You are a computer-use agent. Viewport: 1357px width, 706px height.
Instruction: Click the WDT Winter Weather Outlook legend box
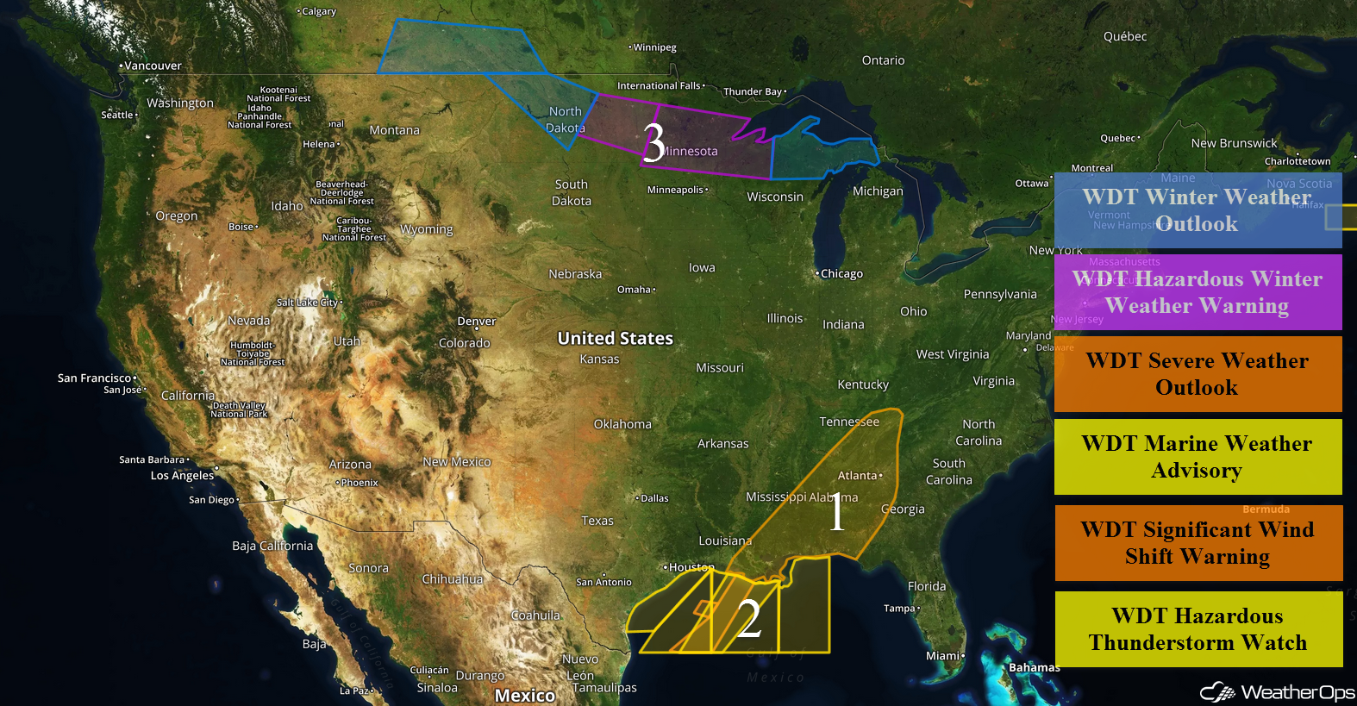1198,210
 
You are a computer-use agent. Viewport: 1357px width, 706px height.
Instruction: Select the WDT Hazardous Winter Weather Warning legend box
1198,292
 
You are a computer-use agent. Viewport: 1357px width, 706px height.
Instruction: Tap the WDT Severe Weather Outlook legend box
1198,374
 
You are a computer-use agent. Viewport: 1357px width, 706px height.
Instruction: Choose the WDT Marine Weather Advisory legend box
1198,457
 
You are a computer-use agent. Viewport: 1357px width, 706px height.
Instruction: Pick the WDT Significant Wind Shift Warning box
1198,543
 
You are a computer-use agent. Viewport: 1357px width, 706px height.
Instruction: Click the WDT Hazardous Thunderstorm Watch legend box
1198,629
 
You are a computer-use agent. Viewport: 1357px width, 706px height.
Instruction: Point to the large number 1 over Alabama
836,513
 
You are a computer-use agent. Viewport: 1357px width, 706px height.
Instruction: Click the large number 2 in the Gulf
749,618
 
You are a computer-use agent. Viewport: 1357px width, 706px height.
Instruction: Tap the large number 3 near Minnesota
653,142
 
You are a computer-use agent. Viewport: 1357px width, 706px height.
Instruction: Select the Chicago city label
841,274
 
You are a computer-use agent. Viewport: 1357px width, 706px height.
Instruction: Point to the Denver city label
477,322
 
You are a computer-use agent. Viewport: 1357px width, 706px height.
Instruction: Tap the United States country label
615,339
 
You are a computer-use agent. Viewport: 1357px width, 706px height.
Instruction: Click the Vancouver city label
153,66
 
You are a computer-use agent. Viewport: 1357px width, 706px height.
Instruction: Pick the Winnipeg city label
654,47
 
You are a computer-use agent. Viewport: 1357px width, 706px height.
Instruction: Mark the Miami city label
943,656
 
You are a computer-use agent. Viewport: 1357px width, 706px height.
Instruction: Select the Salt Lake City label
308,303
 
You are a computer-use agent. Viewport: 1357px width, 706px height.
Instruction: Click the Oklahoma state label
622,424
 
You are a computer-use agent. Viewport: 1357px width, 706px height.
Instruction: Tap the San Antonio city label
603,583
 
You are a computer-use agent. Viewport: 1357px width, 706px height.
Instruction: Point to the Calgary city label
318,12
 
